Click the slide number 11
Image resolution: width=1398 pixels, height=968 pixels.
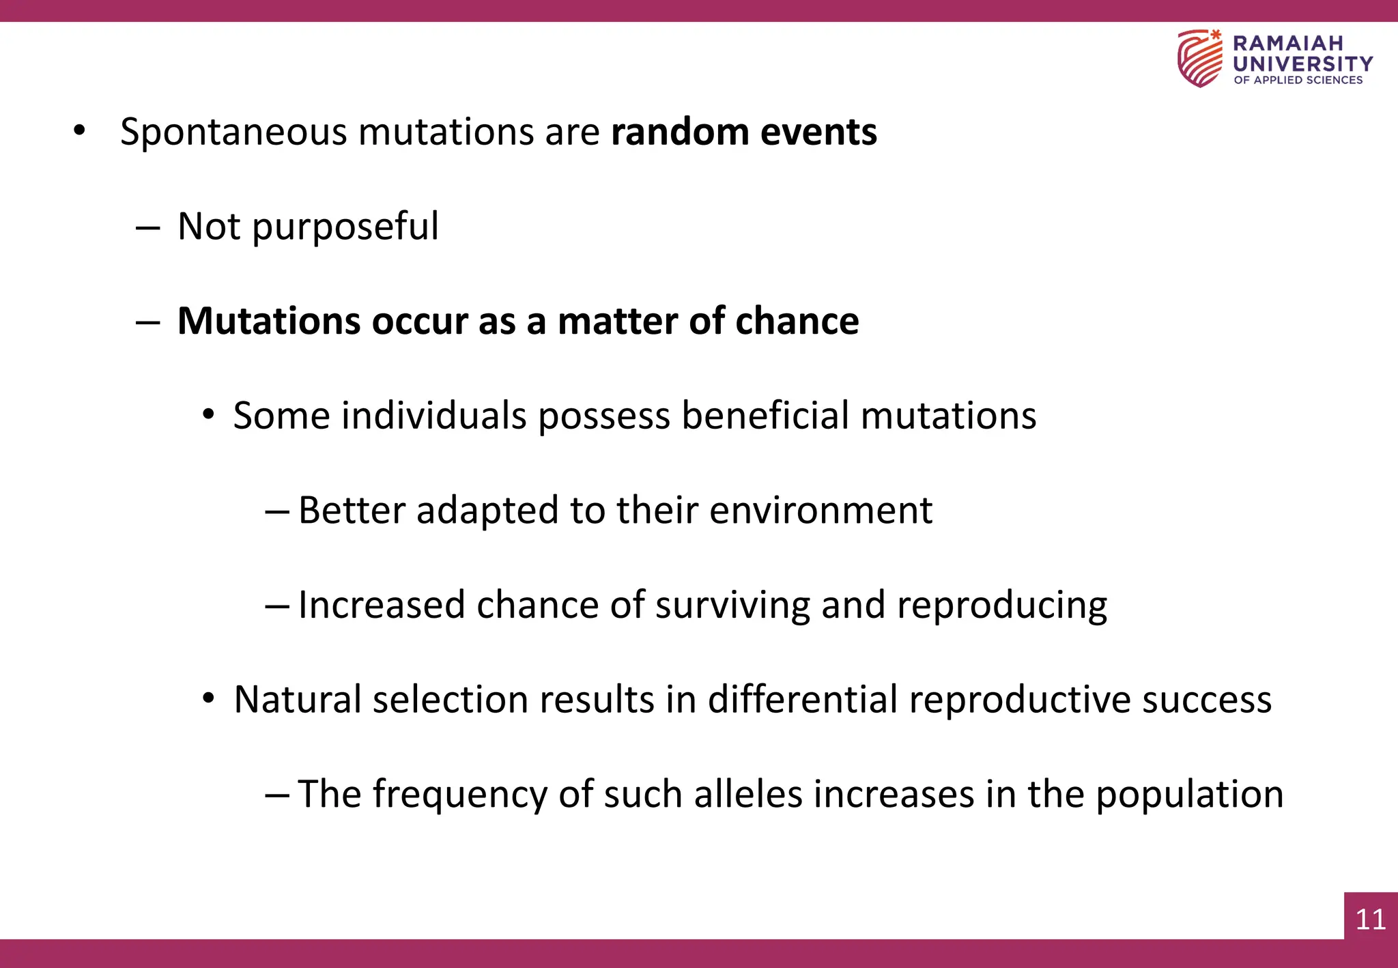pyautogui.click(x=1370, y=919)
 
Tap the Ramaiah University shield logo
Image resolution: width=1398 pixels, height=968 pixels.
pyautogui.click(x=1199, y=59)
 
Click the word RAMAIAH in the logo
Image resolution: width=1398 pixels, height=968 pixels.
pyautogui.click(x=1287, y=43)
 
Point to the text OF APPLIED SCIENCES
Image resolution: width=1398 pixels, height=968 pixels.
pyautogui.click(x=1298, y=80)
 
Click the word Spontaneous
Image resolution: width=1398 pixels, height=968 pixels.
pyautogui.click(x=233, y=132)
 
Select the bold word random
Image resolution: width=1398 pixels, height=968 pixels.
pyautogui.click(x=680, y=132)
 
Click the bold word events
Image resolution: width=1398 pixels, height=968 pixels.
pyautogui.click(x=818, y=132)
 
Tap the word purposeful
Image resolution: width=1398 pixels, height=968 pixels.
pyautogui.click(x=345, y=227)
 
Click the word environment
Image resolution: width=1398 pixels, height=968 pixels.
pyautogui.click(x=821, y=510)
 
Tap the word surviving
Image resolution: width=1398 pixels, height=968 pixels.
pyautogui.click(x=732, y=606)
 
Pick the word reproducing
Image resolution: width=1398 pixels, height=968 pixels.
pyautogui.click(x=1001, y=606)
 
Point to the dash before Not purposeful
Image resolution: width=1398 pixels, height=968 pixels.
pyautogui.click(x=147, y=228)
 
